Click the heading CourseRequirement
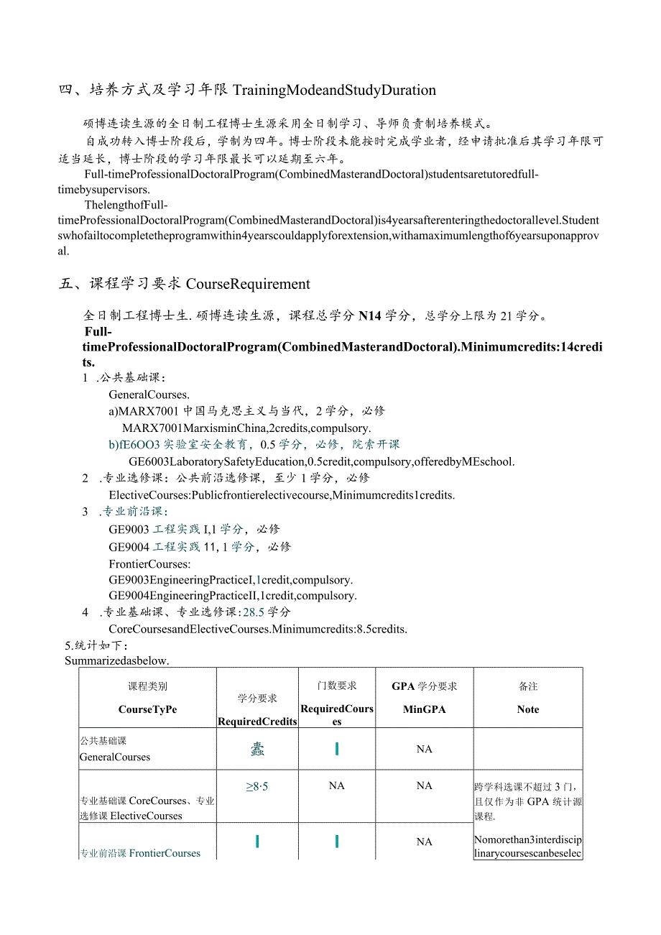click(x=248, y=284)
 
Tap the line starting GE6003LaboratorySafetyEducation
click(x=321, y=461)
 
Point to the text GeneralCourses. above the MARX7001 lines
click(x=149, y=395)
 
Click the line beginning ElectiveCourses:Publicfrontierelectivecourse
click(x=282, y=495)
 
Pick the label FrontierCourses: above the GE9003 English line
click(x=149, y=564)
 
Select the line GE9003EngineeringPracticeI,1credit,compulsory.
click(x=231, y=580)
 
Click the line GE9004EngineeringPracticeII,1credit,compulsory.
click(x=233, y=596)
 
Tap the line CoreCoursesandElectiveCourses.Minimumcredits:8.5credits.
click(x=258, y=630)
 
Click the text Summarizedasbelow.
click(x=116, y=660)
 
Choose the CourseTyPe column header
click(x=147, y=709)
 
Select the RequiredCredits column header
click(x=257, y=722)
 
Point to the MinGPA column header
click(x=424, y=709)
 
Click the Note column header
click(x=527, y=709)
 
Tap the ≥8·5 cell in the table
click(x=256, y=787)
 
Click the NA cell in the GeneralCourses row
click(x=424, y=750)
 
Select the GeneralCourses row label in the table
click(x=115, y=757)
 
